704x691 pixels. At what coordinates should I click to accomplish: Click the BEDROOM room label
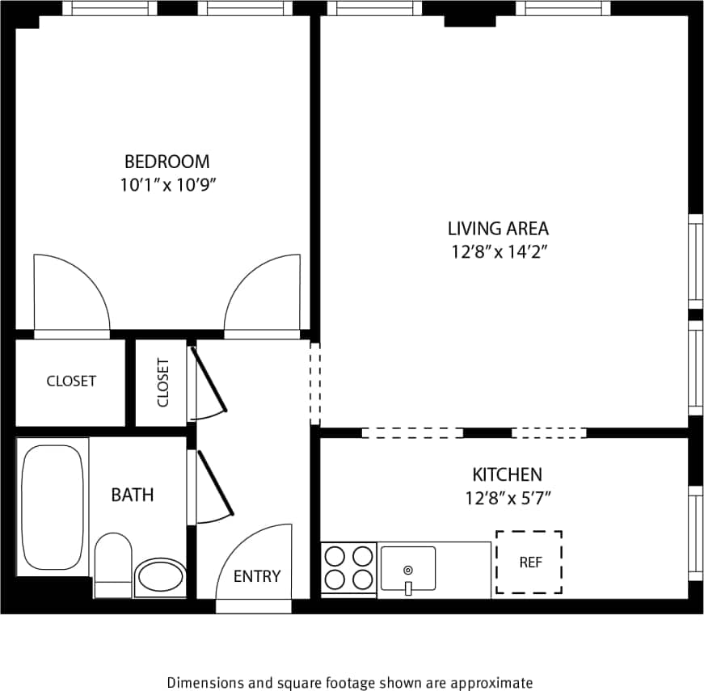click(167, 161)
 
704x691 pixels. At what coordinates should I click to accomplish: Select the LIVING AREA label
click(498, 228)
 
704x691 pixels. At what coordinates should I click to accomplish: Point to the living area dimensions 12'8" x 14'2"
click(500, 251)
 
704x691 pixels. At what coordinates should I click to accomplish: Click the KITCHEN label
click(507, 474)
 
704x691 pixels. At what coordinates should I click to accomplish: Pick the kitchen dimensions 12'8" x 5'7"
click(508, 498)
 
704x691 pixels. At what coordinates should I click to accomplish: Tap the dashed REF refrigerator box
click(529, 562)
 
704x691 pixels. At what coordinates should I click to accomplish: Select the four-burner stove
click(348, 569)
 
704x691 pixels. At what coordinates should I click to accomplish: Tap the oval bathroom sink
click(160, 578)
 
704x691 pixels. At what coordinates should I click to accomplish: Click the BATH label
click(133, 495)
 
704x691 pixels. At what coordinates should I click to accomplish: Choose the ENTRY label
click(257, 576)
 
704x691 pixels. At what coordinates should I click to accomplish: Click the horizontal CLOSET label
click(71, 381)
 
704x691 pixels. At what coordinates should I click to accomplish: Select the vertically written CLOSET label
click(162, 382)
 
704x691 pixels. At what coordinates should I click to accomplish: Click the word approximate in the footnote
click(493, 682)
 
